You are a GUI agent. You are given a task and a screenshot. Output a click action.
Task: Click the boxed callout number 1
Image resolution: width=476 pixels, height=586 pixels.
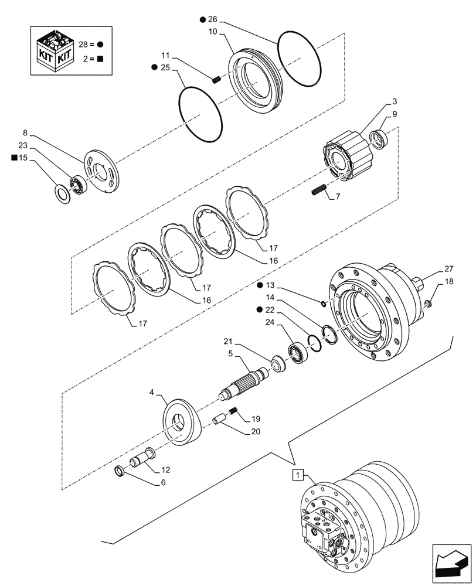click(298, 474)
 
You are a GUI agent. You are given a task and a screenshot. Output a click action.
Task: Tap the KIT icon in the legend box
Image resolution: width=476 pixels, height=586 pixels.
click(55, 51)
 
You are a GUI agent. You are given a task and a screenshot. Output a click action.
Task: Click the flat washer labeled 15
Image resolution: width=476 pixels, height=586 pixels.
click(62, 192)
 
